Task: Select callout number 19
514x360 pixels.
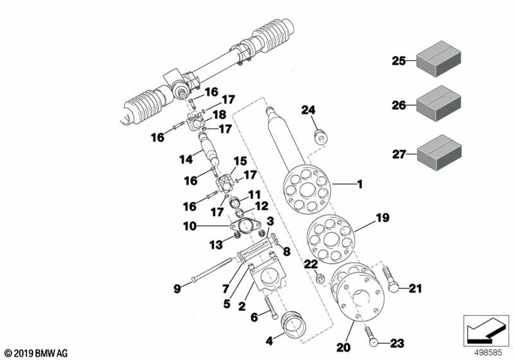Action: pyautogui.click(x=383, y=218)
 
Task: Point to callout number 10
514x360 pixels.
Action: pyautogui.click(x=190, y=226)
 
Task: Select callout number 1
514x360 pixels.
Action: pyautogui.click(x=360, y=184)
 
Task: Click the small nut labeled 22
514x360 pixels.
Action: pyautogui.click(x=319, y=278)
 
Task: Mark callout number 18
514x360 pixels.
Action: pyautogui.click(x=218, y=113)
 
